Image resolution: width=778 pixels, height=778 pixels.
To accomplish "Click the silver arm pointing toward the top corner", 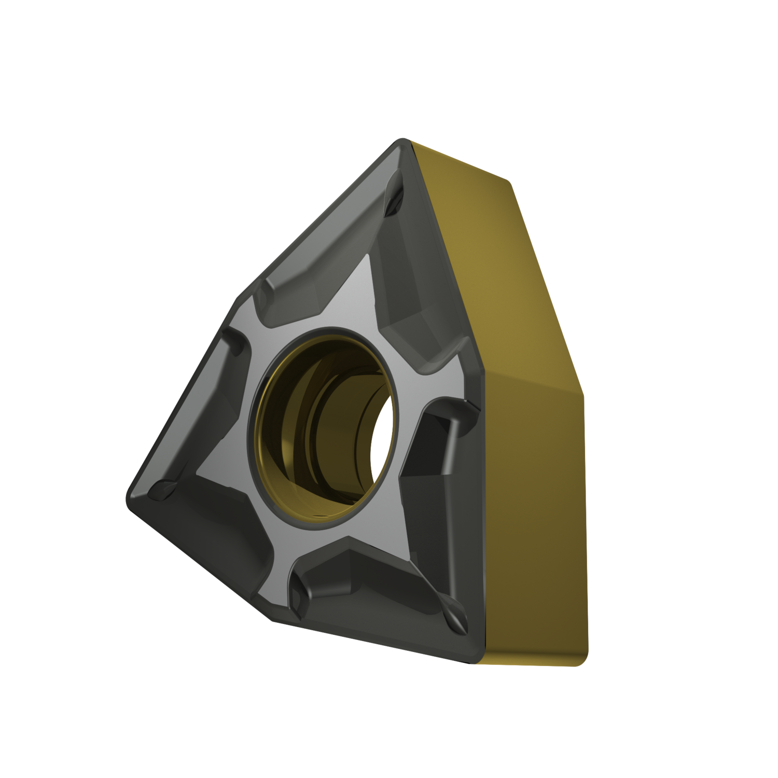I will [358, 290].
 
